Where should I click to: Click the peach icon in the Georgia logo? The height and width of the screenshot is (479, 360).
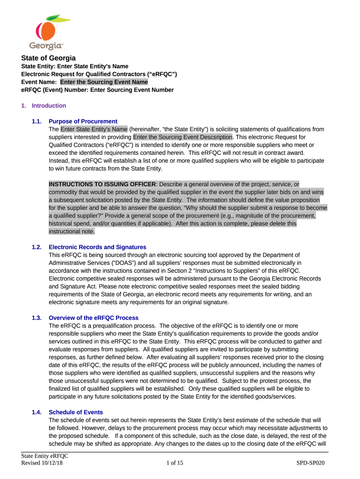point(46,29)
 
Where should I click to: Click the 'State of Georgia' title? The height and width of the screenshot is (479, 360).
point(48,58)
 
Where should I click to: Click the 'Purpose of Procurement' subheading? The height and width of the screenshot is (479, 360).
point(83,122)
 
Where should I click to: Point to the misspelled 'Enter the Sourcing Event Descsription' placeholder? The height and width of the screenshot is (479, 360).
point(183,137)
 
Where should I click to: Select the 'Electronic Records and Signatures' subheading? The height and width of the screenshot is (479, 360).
point(97,247)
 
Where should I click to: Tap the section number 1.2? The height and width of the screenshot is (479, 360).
point(37,247)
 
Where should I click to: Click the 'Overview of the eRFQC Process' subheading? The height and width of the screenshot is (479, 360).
point(94,318)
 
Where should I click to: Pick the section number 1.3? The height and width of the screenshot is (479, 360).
point(37,318)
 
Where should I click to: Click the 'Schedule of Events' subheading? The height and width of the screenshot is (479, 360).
point(76,413)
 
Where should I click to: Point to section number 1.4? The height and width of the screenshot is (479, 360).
point(37,413)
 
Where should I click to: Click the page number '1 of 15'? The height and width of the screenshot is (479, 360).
point(175,463)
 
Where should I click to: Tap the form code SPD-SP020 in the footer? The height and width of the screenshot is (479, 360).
point(310,463)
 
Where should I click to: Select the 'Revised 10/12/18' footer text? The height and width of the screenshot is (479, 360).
point(42,463)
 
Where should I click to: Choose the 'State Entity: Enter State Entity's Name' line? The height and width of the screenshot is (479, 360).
point(75,66)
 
